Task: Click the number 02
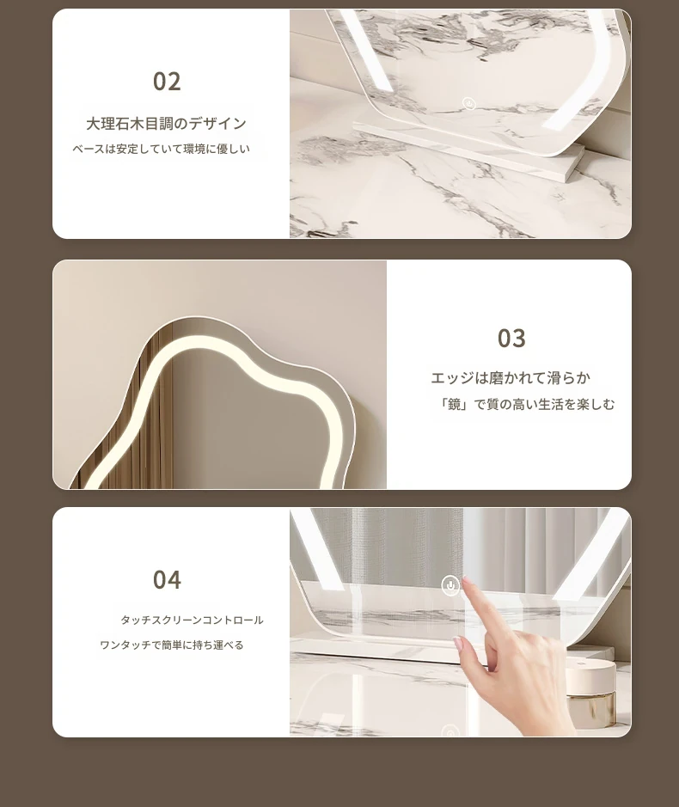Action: pos(167,82)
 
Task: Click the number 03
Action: pos(511,338)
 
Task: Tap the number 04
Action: pos(167,579)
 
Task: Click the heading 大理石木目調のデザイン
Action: pos(166,124)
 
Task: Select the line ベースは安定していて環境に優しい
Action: pos(161,149)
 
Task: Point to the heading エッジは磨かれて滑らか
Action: pos(511,378)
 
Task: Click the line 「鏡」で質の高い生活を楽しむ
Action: pos(524,405)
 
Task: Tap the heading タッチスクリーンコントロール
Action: pos(192,621)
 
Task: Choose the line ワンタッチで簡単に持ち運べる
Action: pos(171,645)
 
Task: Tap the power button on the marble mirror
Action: pos(468,104)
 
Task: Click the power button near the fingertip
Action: pos(450,585)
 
